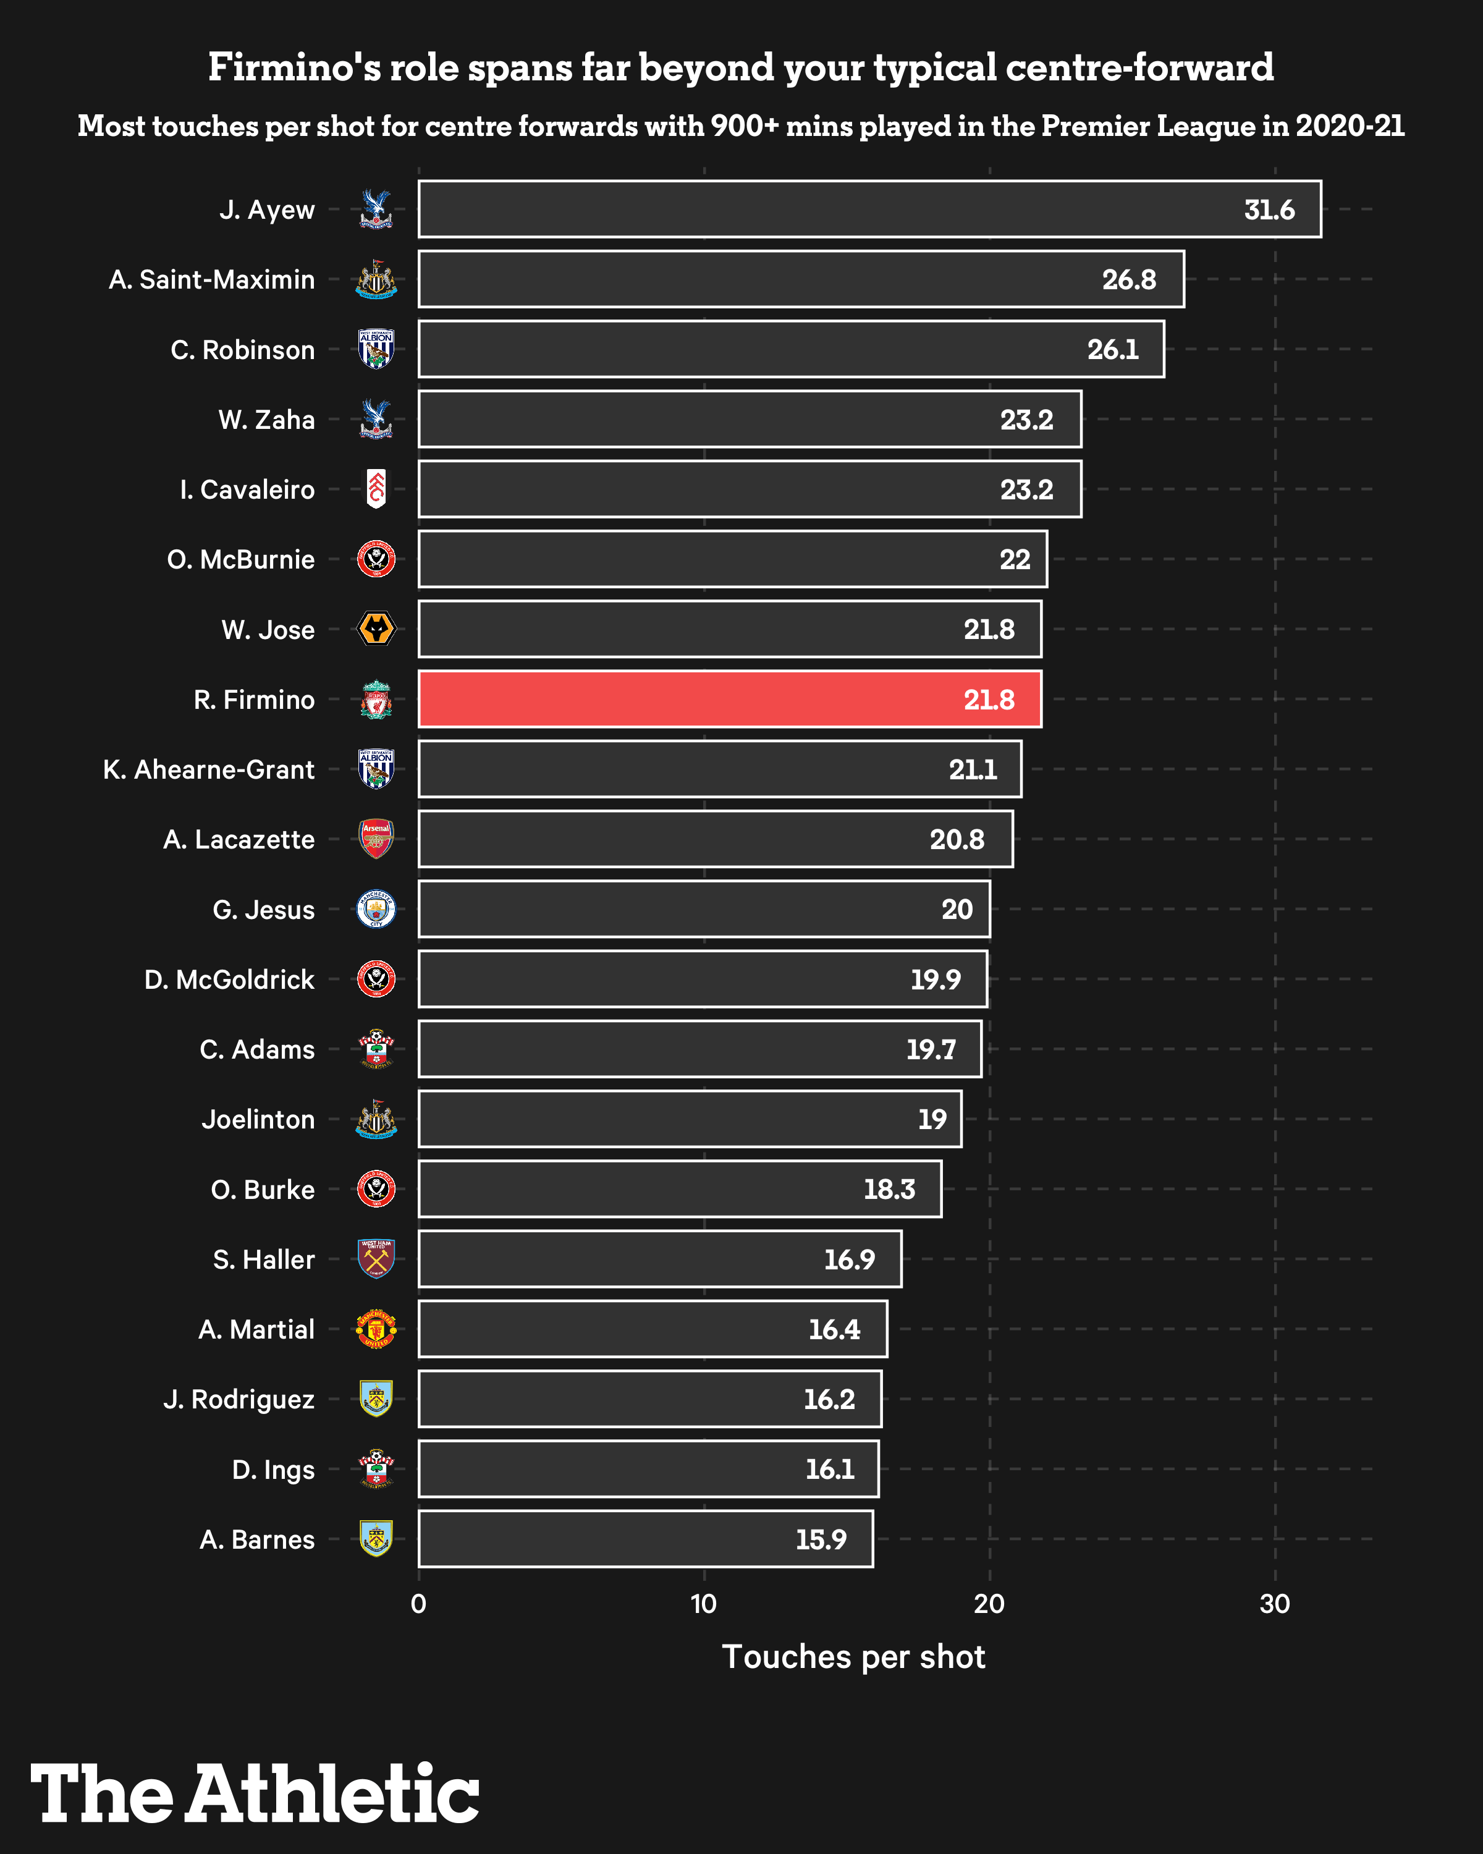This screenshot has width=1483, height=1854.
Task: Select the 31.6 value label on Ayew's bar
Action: click(1269, 210)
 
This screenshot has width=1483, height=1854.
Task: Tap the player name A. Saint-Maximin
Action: click(211, 279)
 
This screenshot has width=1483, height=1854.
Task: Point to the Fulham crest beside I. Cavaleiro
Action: click(376, 488)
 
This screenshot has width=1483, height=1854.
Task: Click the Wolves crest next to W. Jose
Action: click(376, 629)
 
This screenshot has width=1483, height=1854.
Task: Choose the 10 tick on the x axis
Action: click(703, 1604)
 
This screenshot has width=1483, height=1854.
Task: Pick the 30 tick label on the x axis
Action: click(1274, 1604)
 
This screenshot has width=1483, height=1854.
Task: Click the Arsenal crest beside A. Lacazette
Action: click(376, 839)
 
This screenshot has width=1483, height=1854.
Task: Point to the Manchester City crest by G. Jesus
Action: click(376, 909)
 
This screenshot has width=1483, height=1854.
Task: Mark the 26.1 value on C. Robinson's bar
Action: click(1112, 349)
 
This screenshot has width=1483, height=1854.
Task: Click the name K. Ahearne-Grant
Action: click(208, 769)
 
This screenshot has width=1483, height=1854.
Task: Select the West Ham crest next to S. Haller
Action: click(376, 1258)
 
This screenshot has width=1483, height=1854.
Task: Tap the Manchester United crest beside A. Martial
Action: click(376, 1329)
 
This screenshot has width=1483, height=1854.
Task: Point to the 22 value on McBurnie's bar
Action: click(1015, 559)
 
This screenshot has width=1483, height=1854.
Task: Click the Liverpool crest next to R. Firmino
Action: click(376, 699)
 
